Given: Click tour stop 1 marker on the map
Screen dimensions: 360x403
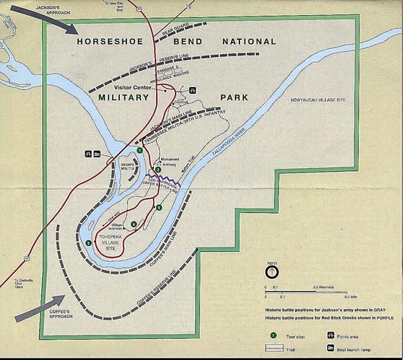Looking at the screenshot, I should click(x=140, y=151).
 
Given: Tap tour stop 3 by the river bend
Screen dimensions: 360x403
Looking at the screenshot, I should click(x=89, y=243).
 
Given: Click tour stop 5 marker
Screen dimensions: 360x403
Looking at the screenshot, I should click(x=158, y=207).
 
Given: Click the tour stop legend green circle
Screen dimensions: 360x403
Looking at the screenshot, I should click(x=273, y=335).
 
